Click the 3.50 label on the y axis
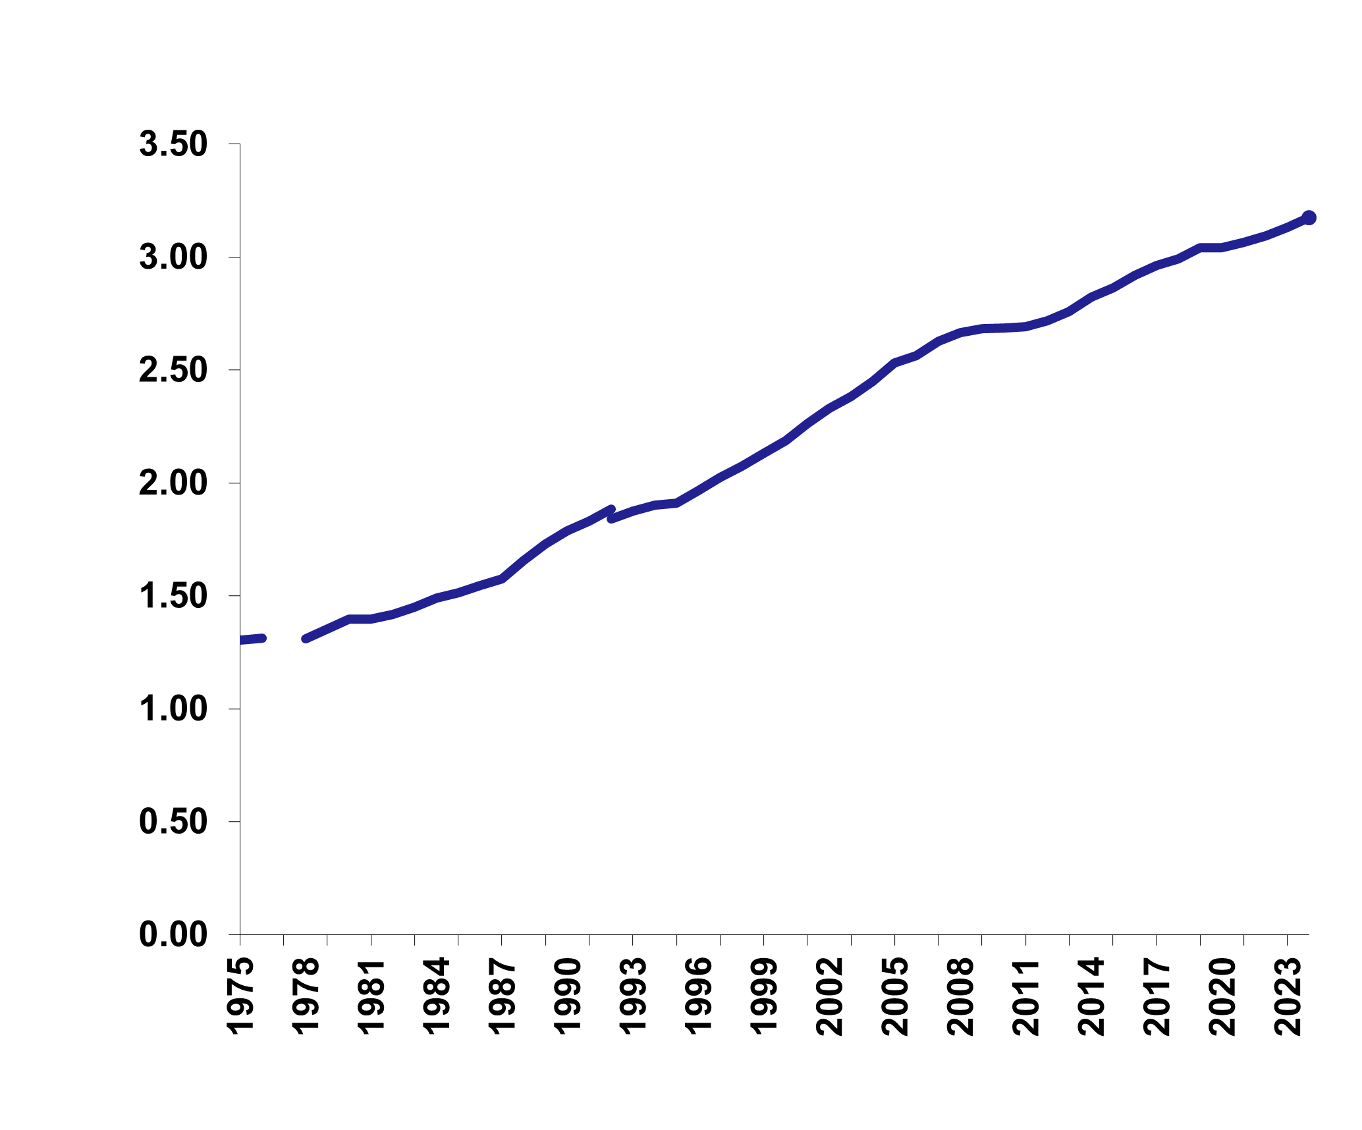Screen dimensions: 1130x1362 pos(173,145)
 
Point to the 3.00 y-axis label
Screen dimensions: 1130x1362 pos(173,257)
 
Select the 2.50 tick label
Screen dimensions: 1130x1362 pos(173,371)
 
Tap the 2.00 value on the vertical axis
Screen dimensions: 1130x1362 pos(173,484)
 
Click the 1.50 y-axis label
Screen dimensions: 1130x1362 pos(173,597)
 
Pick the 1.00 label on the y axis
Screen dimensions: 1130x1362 pos(173,710)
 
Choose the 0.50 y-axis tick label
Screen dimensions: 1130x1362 pos(173,822)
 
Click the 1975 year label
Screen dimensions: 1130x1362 pos(240,996)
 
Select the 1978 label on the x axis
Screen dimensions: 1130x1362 pos(305,996)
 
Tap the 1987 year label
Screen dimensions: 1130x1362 pos(502,996)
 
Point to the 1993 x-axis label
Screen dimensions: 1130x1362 pos(632,996)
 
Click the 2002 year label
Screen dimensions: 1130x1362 pos(829,996)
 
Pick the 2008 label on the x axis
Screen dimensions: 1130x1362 pos(960,996)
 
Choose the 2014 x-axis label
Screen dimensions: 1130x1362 pos(1091,996)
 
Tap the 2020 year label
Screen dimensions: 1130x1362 pos(1222,996)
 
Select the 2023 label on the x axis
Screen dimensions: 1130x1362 pos(1288,996)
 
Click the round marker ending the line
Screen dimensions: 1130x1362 pos(1309,217)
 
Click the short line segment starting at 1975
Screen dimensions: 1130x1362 pos(252,639)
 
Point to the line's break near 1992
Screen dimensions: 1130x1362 pos(612,514)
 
